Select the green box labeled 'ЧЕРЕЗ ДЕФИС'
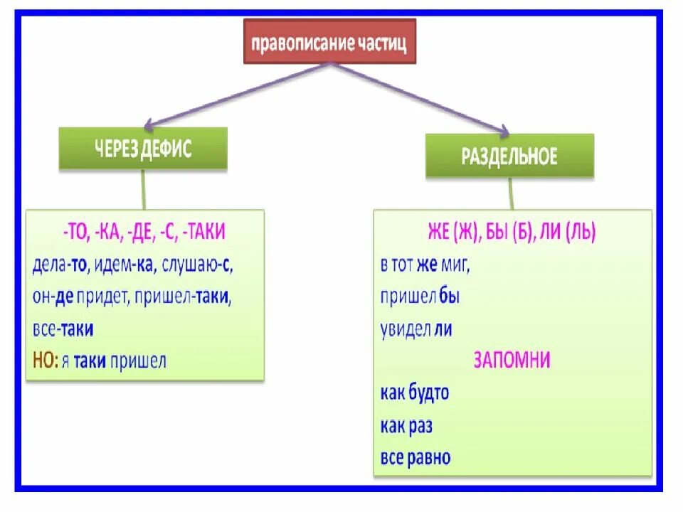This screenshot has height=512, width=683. pyautogui.click(x=143, y=149)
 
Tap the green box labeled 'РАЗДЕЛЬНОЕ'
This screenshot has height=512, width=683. pyautogui.click(x=509, y=156)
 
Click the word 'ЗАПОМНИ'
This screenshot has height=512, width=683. pyautogui.click(x=512, y=361)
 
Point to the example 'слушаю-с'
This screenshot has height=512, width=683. pyautogui.click(x=198, y=265)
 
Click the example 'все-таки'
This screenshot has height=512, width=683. pyautogui.click(x=63, y=330)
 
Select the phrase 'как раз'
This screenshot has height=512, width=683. pyautogui.click(x=406, y=426)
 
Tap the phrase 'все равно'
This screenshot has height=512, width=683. pyautogui.click(x=415, y=458)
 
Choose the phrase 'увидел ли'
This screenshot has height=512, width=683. pyautogui.click(x=416, y=329)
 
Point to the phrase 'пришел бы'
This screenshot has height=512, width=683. pyautogui.click(x=420, y=297)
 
